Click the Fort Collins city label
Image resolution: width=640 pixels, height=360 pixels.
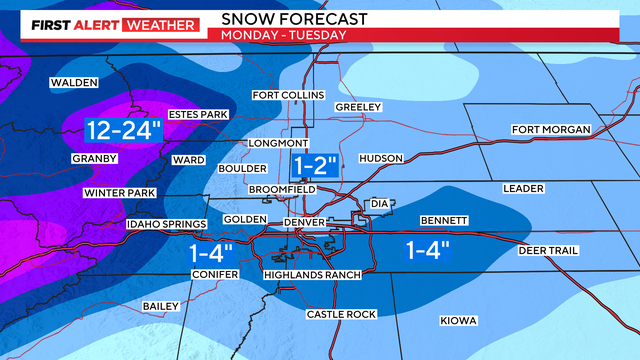tap(288, 95)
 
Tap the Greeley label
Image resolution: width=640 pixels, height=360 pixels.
tap(359, 107)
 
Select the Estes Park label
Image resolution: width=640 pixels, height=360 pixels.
tap(199, 115)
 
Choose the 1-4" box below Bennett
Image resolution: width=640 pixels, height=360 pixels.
tap(427, 249)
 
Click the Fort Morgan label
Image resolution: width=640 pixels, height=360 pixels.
tap(551, 130)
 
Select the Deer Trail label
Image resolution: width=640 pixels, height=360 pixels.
tap(549, 250)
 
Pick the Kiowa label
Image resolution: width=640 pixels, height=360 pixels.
tap(458, 321)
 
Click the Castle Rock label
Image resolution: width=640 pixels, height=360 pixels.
tap(341, 315)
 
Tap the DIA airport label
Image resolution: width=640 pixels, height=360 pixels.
tap(379, 204)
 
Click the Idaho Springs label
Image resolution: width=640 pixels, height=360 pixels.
tap(166, 225)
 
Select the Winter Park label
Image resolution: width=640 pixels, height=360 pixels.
tap(118, 193)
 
